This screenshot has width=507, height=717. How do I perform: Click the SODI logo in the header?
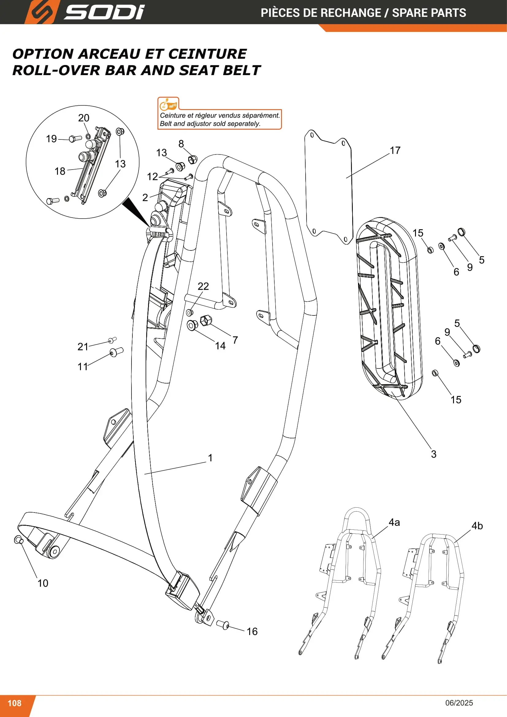[84, 12]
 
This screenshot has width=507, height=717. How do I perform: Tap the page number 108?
[14, 703]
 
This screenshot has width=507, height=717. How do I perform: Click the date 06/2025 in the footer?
[459, 703]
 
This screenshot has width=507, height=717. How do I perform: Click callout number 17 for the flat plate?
[395, 151]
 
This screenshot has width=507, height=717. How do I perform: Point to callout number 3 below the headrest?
[434, 454]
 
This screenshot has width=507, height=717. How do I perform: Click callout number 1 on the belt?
[210, 458]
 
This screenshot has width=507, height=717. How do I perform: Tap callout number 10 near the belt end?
[43, 583]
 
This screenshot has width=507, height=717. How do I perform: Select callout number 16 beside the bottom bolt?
[252, 631]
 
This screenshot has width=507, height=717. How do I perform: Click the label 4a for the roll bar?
[394, 522]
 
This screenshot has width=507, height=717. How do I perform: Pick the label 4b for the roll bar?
[477, 526]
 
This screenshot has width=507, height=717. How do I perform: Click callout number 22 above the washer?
[203, 286]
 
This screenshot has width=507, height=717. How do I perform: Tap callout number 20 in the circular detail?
[84, 118]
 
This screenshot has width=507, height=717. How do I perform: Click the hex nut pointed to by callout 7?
[206, 320]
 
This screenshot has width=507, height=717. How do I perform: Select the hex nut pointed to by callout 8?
[193, 160]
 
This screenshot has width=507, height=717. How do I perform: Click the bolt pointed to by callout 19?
[75, 138]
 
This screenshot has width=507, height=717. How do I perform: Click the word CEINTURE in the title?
[208, 54]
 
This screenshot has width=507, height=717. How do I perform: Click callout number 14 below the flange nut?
[220, 346]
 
